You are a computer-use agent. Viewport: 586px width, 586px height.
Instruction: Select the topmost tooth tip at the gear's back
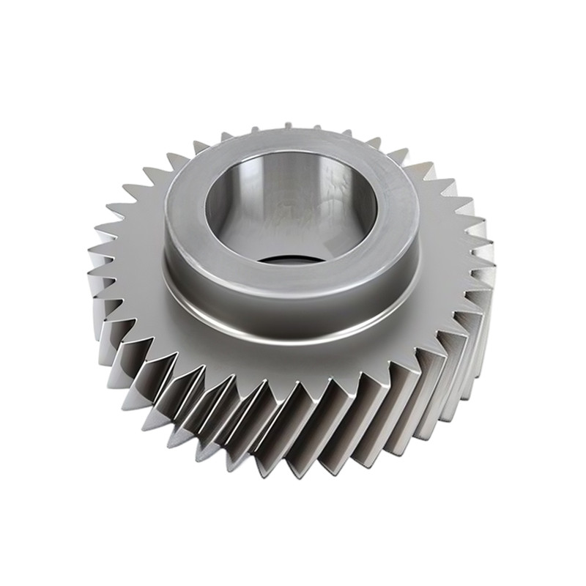pyautogui.click(x=288, y=125)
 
